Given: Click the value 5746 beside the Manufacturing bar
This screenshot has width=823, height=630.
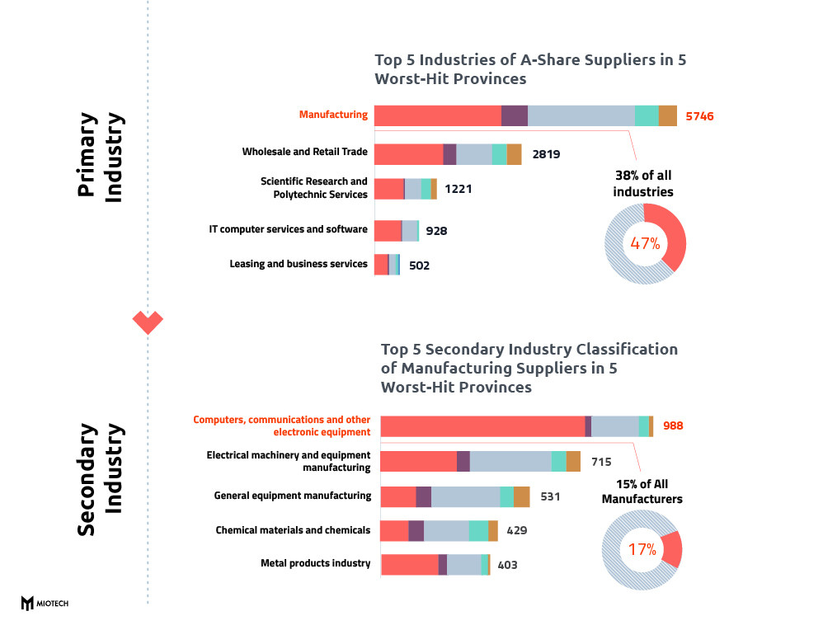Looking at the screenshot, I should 699,116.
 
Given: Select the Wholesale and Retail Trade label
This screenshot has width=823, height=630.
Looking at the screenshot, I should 304,153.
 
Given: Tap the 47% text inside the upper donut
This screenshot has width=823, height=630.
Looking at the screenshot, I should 645,243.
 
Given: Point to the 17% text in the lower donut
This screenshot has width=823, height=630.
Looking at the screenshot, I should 642,549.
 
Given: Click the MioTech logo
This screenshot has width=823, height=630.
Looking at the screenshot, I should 45,604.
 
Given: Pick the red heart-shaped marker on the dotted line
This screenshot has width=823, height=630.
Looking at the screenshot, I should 148,321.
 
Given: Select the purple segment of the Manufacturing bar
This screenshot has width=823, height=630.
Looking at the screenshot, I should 515,116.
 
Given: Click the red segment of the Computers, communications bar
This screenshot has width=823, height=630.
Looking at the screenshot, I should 482,426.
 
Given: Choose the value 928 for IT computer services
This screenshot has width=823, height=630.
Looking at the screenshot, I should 436,231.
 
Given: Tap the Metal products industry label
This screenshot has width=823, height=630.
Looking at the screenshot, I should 315,563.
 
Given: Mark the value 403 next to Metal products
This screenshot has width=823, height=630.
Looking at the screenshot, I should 507,565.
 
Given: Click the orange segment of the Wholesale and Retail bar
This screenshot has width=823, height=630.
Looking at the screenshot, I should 514,154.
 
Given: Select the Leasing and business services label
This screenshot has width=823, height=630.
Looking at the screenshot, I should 298,264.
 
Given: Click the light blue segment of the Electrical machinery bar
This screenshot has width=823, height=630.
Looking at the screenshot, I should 510,462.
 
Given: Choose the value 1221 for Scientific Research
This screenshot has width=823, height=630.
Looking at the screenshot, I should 458,189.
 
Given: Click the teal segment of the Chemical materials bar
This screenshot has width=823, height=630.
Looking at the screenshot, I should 478,531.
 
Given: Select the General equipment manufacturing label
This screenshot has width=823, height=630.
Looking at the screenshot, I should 292,496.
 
